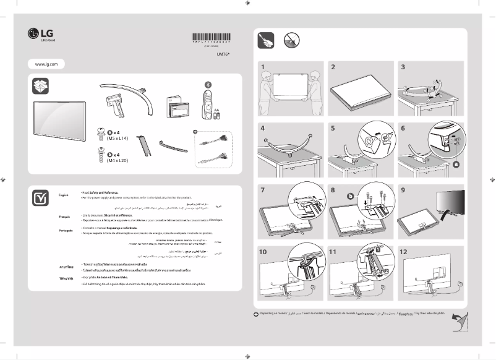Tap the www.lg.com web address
pyautogui.click(x=46, y=64)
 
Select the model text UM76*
pyautogui.click(x=223, y=54)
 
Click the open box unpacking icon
pyautogui.click(x=41, y=86)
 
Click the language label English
pyautogui.click(x=63, y=195)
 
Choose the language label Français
pyautogui.click(x=64, y=217)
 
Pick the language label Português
pyautogui.click(x=66, y=229)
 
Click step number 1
pyautogui.click(x=263, y=67)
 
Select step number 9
pyautogui.click(x=403, y=191)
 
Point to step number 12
pyautogui.click(x=404, y=252)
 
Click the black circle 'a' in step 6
pyautogui.click(x=457, y=165)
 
